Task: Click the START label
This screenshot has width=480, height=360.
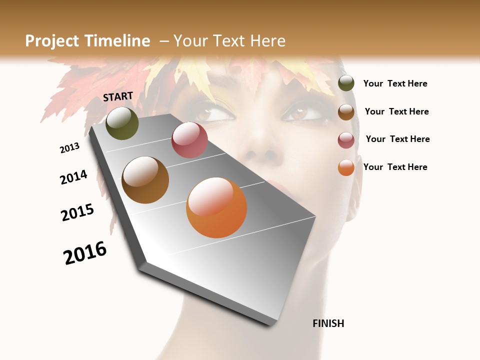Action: pos(118,96)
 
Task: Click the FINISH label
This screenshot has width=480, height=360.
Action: pos(328,323)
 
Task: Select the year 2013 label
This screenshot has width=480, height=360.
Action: pos(69,148)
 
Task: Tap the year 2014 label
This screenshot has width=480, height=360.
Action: pos(73,177)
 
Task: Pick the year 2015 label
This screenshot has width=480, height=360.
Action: pos(77,212)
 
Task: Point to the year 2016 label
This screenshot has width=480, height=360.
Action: pos(85,253)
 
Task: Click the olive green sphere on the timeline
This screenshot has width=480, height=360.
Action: pos(122,123)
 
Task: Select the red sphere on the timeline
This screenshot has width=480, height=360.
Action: pos(189,140)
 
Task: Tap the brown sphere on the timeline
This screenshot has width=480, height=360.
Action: pos(145,180)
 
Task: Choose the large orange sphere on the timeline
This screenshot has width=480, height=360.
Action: pos(216,207)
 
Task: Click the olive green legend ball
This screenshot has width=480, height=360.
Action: pos(346,83)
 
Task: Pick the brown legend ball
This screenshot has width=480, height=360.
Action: pos(346,112)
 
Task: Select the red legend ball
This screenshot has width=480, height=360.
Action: pos(346,140)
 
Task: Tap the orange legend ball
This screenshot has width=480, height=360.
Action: pos(346,167)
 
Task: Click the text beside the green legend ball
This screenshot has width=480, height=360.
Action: pos(395,83)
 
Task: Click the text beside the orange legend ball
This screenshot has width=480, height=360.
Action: pos(395,167)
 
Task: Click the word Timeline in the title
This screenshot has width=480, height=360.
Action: pos(118,41)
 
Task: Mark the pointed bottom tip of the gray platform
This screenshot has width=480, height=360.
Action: pos(270,324)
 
